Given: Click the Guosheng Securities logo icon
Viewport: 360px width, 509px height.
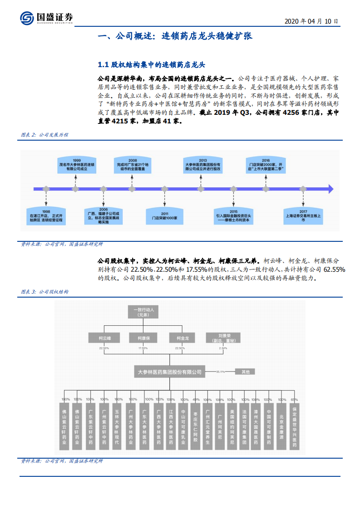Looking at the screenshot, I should pyautogui.click(x=27, y=18).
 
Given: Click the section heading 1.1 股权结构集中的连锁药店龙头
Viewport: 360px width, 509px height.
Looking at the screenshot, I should pyautogui.click(x=154, y=64).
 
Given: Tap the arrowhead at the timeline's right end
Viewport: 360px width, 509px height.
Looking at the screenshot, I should pyautogui.click(x=330, y=188).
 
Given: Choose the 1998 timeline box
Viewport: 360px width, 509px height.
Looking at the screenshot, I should pyautogui.click(x=45, y=216).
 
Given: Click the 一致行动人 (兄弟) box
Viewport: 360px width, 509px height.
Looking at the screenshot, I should pyautogui.click(x=143, y=313).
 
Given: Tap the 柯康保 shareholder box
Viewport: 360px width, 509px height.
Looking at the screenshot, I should pyautogui.click(x=143, y=338).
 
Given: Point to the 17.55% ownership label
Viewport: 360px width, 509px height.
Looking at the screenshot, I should pyautogui.click(x=143, y=348).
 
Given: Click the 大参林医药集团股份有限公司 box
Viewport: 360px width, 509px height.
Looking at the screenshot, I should pyautogui.click(x=169, y=371).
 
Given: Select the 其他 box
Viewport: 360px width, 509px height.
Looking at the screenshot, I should pyautogui.click(x=245, y=372).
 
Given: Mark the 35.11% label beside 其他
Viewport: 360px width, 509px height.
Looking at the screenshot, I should pyautogui.click(x=221, y=372).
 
